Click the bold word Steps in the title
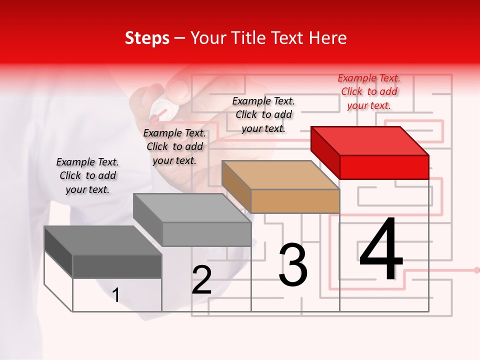[147, 38]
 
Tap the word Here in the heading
[327, 38]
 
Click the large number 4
[381, 250]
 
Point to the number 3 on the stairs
[293, 265]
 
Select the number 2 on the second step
[201, 280]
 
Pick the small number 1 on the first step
[116, 295]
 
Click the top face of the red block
[370, 140]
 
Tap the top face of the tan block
[280, 175]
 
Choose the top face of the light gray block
[192, 208]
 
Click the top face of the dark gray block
[103, 240]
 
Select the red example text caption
[369, 92]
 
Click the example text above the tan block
[263, 114]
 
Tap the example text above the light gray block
[174, 147]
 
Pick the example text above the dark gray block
[87, 176]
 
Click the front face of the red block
[384, 167]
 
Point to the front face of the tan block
[295, 201]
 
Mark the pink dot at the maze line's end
[476, 270]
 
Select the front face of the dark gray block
[117, 266]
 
